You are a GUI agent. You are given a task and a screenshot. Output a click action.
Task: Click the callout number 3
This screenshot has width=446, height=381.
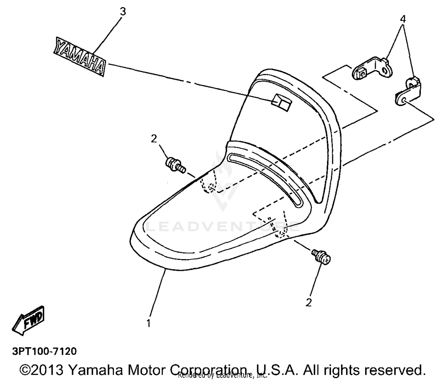coord(123,12)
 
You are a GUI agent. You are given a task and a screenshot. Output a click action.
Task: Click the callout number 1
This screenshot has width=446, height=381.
coord(148,323)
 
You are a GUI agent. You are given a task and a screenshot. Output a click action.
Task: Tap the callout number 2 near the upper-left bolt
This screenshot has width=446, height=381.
coord(154,139)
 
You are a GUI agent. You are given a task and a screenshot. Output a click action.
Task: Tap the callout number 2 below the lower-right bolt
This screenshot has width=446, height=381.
coord(309,302)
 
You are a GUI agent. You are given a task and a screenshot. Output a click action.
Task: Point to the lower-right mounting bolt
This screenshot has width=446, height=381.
coord(321,257)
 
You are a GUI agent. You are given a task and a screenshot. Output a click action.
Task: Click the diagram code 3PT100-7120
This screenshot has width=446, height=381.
coord(44,351)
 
